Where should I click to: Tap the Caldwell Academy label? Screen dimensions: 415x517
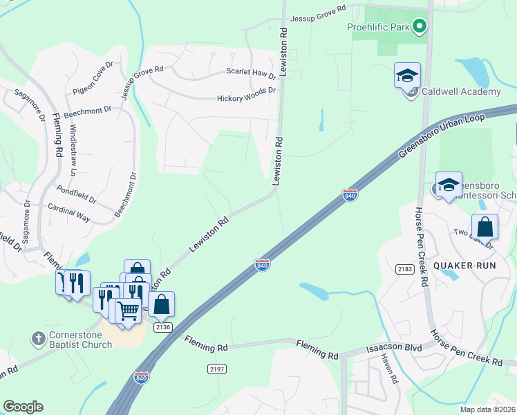coord(461,92)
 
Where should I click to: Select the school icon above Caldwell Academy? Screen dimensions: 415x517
coord(408,75)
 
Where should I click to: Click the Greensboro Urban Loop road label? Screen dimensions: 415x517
coord(440,136)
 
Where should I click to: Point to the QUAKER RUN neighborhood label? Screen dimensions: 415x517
coord(461,266)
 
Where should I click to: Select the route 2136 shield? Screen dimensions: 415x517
coord(163,327)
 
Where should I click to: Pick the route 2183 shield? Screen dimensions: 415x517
coord(405,268)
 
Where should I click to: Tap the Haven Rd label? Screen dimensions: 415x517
coord(390,370)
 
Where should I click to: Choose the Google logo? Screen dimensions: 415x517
coord(23,407)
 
